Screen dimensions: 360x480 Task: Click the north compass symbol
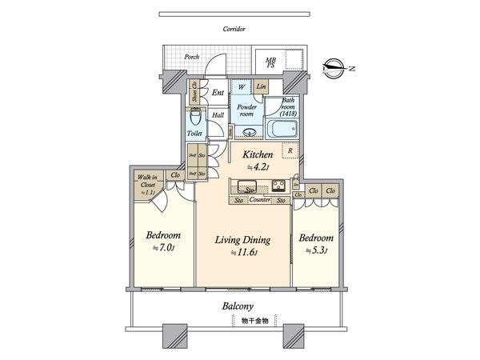point(335,67)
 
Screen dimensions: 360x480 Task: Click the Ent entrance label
point(217,93)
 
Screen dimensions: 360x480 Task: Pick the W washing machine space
point(241,86)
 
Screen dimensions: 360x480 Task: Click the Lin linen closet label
point(262,86)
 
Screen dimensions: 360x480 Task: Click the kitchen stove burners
point(279,186)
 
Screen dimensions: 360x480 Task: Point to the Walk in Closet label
point(149,183)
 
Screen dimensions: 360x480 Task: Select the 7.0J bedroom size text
point(163,248)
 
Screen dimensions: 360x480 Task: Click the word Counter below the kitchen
point(257,199)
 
